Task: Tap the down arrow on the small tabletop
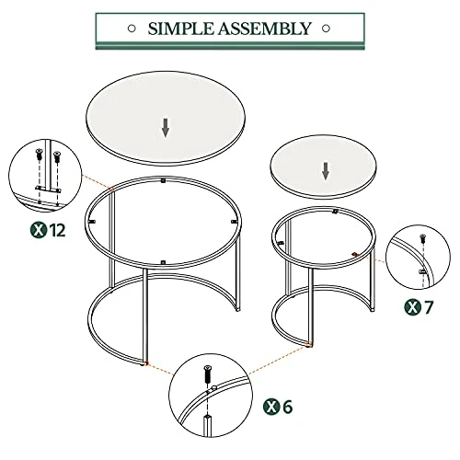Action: tap(325, 171)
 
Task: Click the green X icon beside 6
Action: tap(270, 406)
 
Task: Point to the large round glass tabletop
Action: tap(166, 117)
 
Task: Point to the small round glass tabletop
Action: tap(325, 166)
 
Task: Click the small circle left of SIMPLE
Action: tap(134, 29)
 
